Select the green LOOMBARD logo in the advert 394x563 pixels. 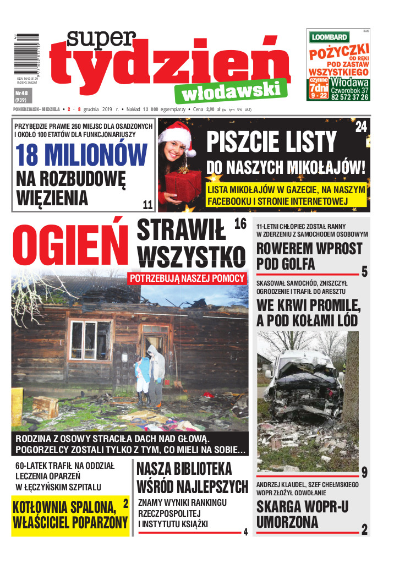329,37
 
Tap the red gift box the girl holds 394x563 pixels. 183,184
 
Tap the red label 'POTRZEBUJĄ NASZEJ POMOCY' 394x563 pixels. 187,278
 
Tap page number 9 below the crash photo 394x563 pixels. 364,471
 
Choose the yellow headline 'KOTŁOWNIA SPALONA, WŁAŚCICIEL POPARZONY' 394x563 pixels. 70,515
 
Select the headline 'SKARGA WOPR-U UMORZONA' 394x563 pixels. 302,514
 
